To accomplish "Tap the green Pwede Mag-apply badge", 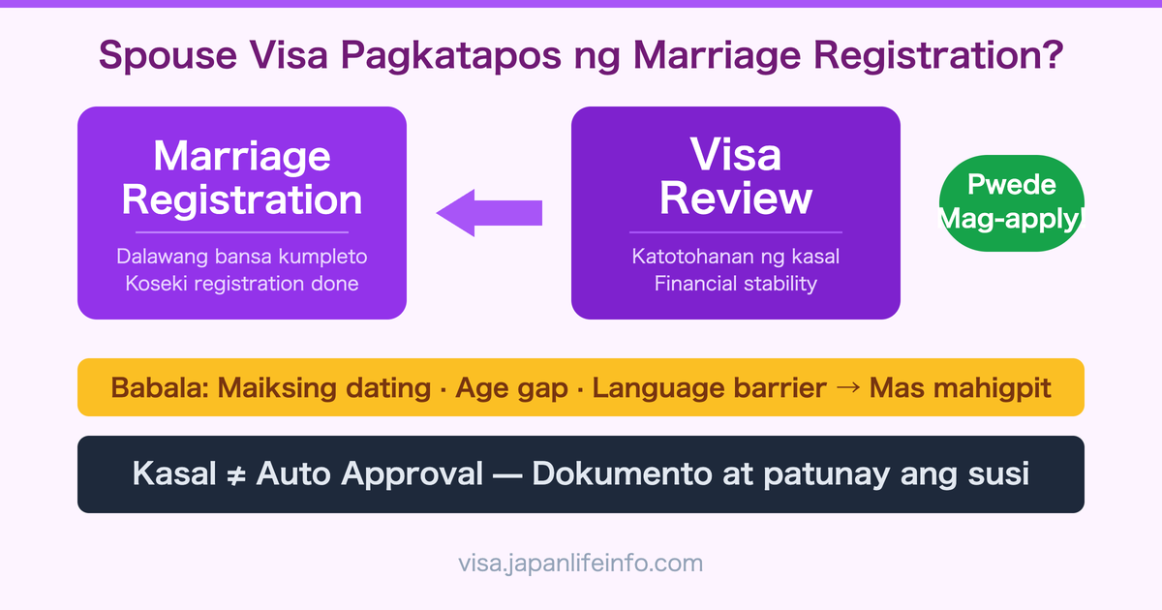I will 1011,203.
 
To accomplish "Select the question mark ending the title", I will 1051,55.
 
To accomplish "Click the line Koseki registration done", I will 242,284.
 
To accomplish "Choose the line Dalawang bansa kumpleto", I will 242,258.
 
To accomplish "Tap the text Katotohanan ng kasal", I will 736,258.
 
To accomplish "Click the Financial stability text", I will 736,284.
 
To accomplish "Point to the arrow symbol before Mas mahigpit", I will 847,388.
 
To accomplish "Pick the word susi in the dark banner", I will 996,474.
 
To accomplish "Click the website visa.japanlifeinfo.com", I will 581,563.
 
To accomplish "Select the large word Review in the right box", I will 736,198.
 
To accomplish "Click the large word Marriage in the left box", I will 242,157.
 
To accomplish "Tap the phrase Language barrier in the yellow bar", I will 709,388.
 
